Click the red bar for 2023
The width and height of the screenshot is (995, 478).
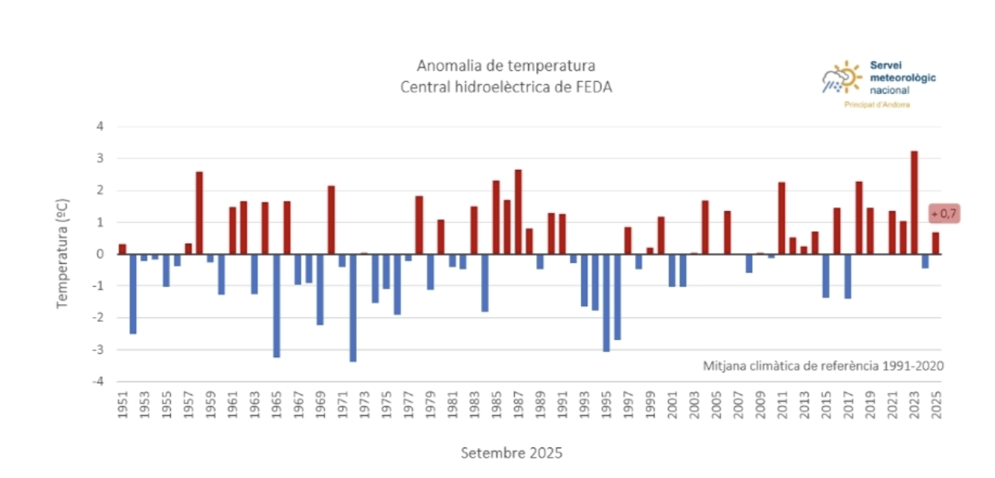point(914,202)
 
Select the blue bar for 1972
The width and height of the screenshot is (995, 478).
point(353,307)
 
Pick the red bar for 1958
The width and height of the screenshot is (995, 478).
point(199,212)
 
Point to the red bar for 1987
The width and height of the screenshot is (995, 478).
point(518,212)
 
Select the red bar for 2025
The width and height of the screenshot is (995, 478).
point(935,243)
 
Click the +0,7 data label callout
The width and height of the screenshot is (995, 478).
point(944,214)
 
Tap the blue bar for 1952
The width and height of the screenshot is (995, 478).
point(133,293)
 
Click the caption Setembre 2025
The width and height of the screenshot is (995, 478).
point(511,453)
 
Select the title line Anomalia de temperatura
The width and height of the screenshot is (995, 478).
point(506,66)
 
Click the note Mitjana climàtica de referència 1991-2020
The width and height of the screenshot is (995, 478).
point(823,366)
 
